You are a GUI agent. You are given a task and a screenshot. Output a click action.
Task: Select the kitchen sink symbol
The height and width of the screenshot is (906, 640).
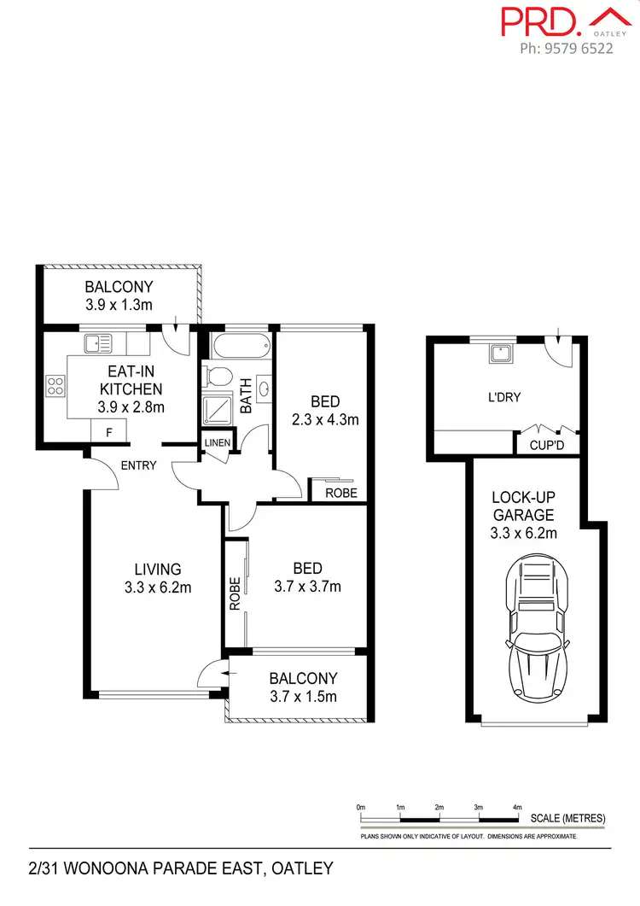(x=98, y=343)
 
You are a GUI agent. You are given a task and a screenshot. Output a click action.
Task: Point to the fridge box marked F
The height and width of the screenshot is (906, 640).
(x=108, y=433)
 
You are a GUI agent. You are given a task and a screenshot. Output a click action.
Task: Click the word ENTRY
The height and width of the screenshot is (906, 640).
(x=139, y=465)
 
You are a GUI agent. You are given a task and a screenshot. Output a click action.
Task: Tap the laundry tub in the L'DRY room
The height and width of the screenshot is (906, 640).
(x=499, y=354)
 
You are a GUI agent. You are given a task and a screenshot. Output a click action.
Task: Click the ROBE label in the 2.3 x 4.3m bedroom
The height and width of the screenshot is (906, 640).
(x=341, y=493)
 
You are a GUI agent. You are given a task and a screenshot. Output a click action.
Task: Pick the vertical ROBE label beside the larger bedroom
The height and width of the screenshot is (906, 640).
(x=235, y=596)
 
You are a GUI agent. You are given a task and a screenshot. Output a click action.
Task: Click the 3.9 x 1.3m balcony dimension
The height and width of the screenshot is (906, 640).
(x=119, y=305)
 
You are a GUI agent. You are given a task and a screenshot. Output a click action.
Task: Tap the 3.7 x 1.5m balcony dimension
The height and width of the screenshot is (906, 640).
(x=303, y=696)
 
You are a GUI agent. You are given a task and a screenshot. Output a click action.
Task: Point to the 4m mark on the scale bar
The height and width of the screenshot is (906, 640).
(x=517, y=807)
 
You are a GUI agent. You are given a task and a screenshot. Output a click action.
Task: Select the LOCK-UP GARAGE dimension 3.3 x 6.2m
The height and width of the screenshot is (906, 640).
(x=523, y=534)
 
